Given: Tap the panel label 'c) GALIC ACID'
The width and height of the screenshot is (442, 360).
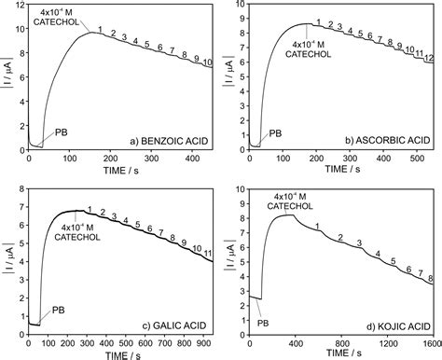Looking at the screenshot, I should coord(173,324).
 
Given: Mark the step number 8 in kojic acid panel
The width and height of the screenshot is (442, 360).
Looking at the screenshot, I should coord(430,278).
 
